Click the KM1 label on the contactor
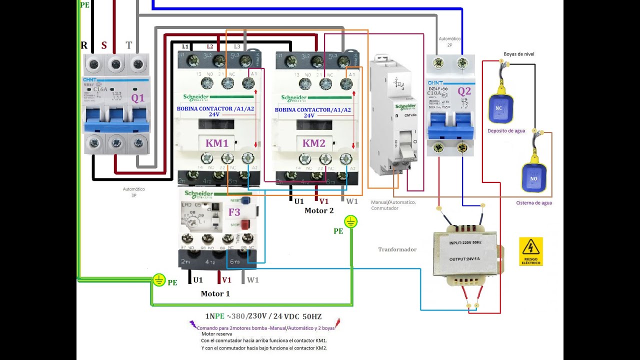[217, 143]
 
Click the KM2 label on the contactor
[313, 143]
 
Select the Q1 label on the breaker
[137, 98]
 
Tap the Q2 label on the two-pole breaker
[464, 91]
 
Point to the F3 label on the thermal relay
[234, 212]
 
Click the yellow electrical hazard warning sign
[530, 251]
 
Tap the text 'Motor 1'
[215, 293]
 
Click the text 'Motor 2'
[319, 210]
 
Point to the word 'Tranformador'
[397, 249]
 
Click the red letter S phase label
[104, 45]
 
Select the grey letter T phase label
[128, 45]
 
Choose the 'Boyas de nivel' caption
[519, 54]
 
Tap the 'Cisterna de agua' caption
[534, 203]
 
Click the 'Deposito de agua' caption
[506, 131]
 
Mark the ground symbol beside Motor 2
[351, 221]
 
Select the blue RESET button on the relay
[245, 200]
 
